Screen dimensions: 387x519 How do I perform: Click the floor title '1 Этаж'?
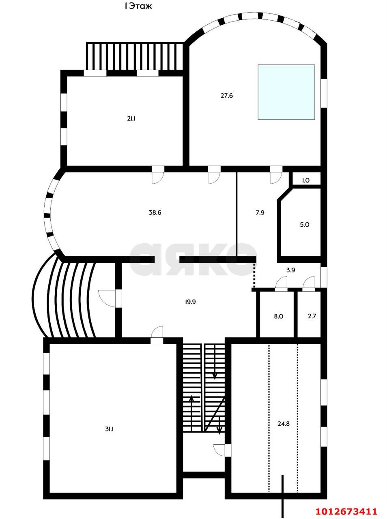138,6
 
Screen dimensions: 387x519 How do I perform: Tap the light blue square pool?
286,92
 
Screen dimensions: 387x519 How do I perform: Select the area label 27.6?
227,96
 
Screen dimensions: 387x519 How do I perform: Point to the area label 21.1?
131,119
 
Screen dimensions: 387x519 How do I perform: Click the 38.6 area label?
155,212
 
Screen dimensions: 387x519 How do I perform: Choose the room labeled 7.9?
260,213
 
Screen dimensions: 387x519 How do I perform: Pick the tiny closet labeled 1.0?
305,181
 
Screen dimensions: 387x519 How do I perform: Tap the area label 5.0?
304,225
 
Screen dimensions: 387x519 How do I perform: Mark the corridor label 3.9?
290,270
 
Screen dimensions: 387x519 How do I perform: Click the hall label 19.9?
190,302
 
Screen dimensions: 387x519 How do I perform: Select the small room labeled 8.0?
278,316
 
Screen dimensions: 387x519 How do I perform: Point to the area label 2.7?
312,316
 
